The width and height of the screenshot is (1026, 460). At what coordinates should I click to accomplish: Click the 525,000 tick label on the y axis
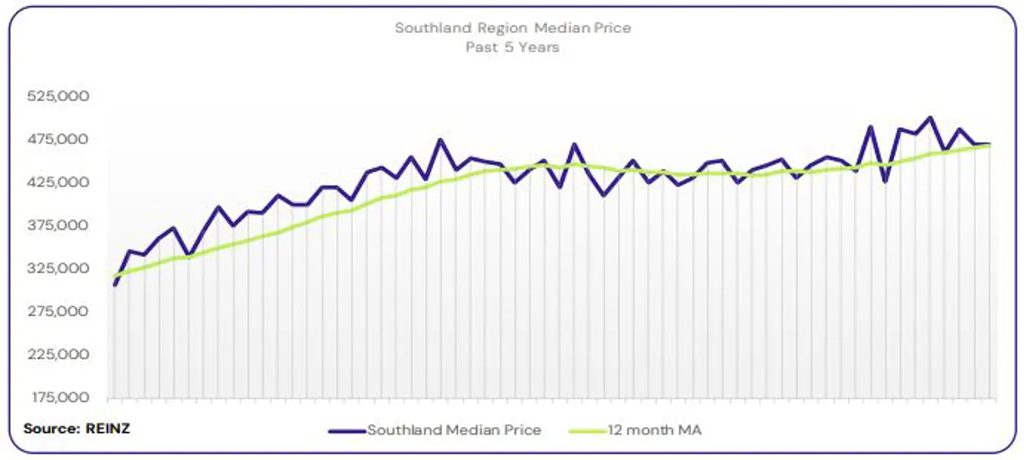tap(57, 97)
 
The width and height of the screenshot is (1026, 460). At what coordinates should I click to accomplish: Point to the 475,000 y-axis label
tap(57, 140)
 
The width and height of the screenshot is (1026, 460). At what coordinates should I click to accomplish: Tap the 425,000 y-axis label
tap(57, 182)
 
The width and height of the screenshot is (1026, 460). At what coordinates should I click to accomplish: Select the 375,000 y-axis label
tap(57, 225)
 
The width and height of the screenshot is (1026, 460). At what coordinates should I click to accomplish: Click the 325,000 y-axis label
tap(57, 268)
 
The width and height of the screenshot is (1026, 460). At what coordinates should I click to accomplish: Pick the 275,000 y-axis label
tap(57, 311)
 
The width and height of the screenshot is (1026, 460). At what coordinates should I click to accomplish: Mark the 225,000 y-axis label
tap(57, 354)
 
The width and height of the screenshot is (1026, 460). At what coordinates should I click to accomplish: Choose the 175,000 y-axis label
tap(57, 397)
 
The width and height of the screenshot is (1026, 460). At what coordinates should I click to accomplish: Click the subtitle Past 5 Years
tap(513, 47)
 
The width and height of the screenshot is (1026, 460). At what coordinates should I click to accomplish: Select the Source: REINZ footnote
tap(77, 429)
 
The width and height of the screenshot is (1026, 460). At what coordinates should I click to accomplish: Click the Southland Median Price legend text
tap(454, 430)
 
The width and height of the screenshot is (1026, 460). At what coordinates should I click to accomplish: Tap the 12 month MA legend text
tap(654, 430)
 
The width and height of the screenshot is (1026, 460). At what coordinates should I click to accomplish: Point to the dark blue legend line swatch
tap(346, 431)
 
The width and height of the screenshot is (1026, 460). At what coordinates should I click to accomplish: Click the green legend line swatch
tap(586, 431)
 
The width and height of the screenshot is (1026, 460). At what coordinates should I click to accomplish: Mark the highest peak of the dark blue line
tap(930, 118)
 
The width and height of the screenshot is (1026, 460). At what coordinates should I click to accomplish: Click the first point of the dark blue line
tap(114, 284)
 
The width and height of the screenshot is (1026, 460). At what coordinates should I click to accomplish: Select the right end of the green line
tap(990, 145)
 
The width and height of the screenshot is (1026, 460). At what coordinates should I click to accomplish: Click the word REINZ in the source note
tap(108, 429)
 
